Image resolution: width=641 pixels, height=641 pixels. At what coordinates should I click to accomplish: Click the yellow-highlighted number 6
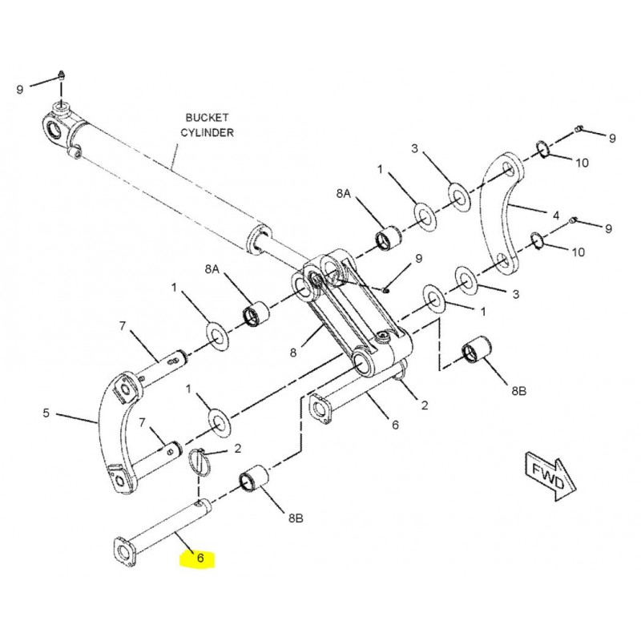tap(201, 558)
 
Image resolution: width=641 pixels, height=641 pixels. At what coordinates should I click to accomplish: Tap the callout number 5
tap(46, 413)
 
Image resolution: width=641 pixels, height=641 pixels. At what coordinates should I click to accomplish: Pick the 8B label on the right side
tap(518, 392)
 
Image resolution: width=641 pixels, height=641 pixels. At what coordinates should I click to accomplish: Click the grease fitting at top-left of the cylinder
tap(61, 76)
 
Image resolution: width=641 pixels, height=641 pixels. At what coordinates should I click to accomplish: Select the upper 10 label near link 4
tap(581, 163)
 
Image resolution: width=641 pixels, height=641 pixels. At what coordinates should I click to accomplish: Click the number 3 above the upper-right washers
tap(414, 149)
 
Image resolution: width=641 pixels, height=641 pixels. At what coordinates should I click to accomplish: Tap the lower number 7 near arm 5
tap(142, 421)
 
